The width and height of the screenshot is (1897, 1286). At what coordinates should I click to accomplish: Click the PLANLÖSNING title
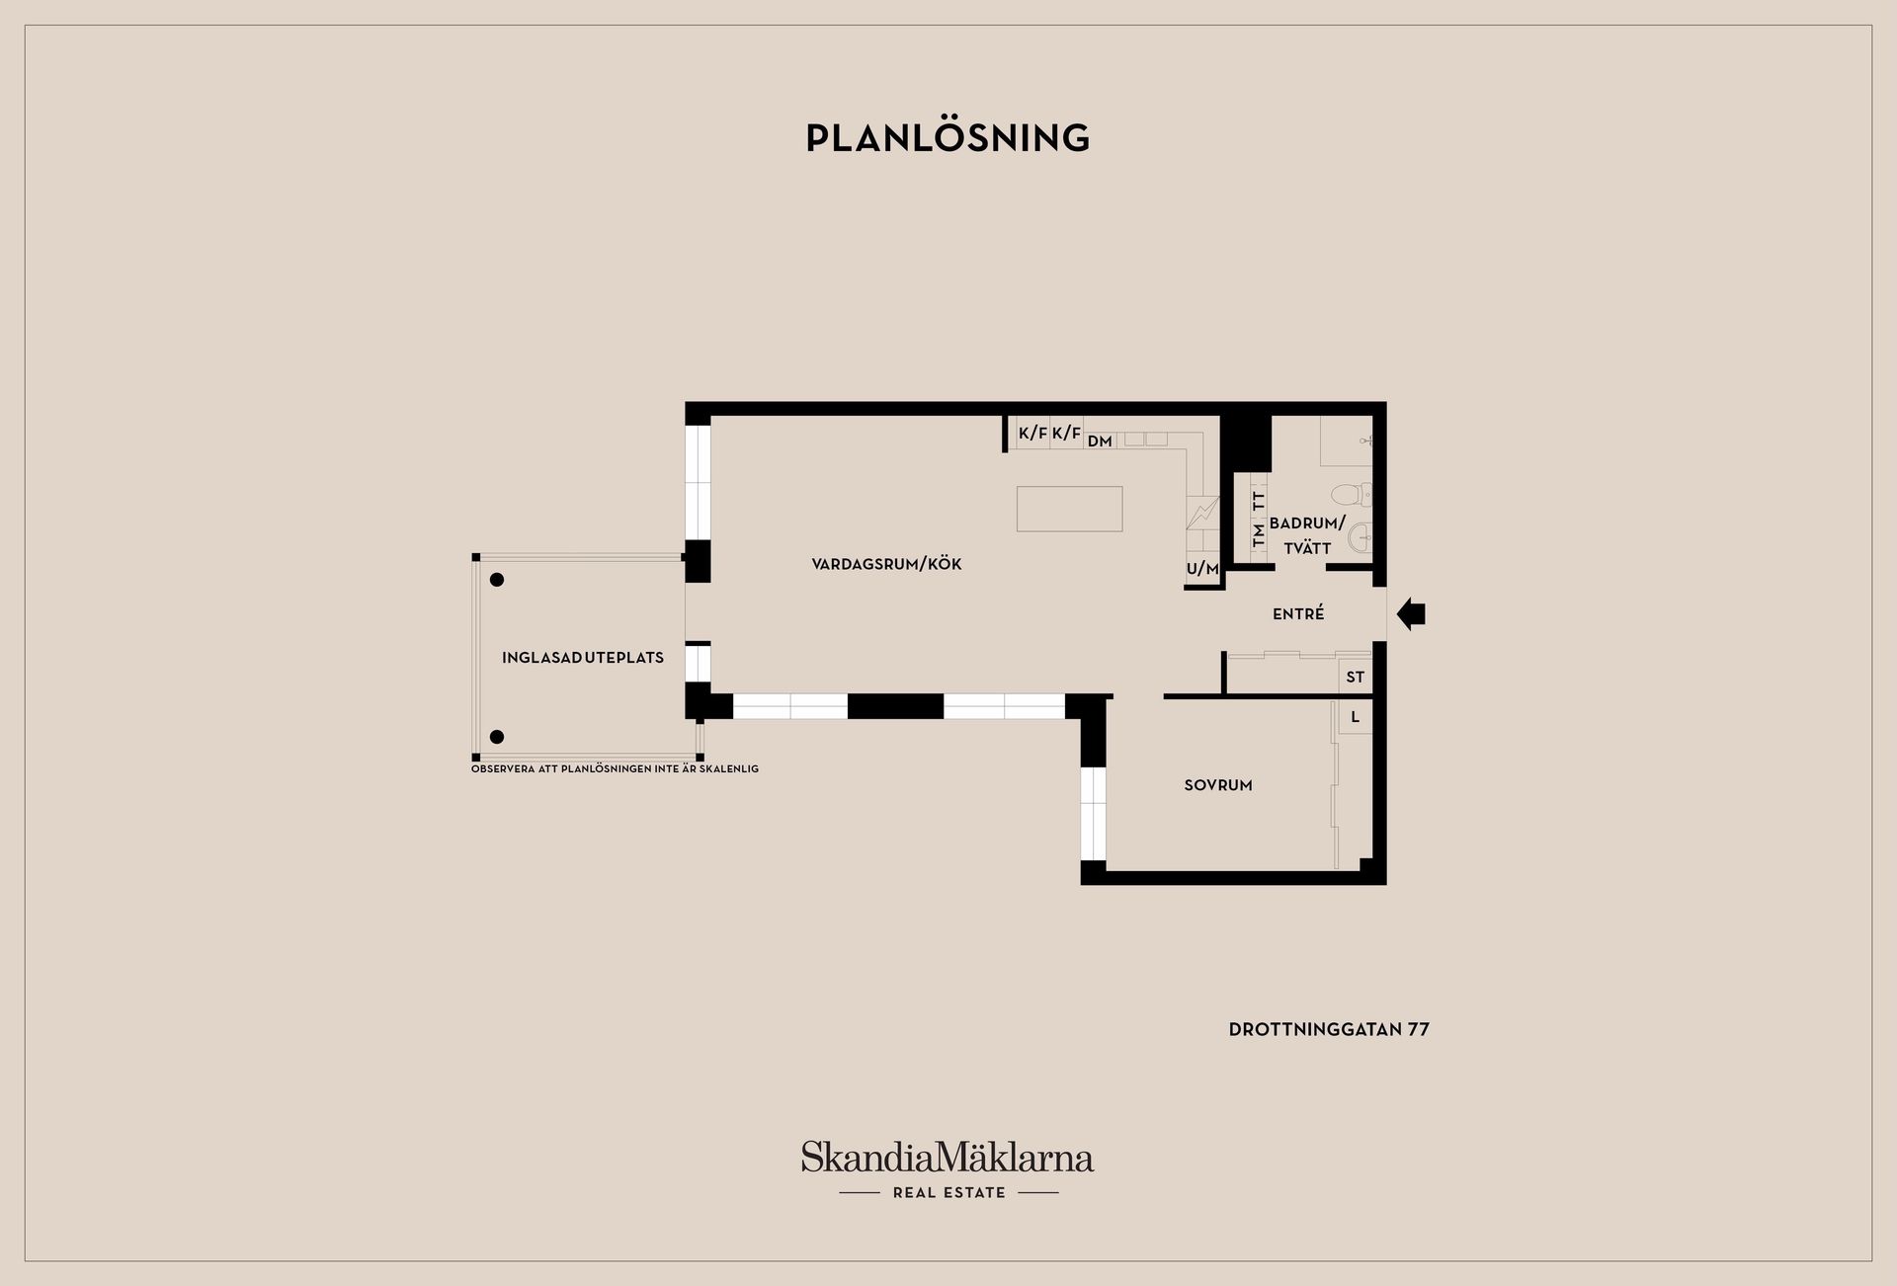click(x=948, y=137)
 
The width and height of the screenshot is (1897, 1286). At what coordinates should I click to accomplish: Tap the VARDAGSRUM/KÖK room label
click(x=886, y=564)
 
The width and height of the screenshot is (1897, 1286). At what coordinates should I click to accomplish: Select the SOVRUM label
click(x=1218, y=785)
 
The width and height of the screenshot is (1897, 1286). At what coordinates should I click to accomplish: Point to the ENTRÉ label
click(x=1298, y=613)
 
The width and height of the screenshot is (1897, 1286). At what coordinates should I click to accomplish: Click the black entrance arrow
click(x=1411, y=614)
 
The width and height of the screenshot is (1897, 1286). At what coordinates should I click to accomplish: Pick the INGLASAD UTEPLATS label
click(x=583, y=658)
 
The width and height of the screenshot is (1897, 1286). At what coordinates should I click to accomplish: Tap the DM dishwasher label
click(x=1100, y=442)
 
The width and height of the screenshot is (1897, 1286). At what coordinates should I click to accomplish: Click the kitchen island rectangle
click(x=1069, y=508)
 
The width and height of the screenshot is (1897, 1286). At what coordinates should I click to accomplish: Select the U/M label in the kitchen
click(x=1202, y=569)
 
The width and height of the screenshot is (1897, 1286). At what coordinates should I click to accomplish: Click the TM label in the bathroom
click(x=1259, y=535)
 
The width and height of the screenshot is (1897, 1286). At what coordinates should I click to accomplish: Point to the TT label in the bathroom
click(x=1259, y=500)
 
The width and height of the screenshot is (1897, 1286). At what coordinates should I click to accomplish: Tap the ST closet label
click(x=1356, y=677)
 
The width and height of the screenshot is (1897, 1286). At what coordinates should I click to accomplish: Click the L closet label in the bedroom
click(x=1356, y=717)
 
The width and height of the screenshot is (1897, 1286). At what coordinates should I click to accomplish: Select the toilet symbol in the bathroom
click(x=1351, y=493)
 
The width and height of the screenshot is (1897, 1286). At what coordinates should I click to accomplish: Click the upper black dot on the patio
click(x=497, y=580)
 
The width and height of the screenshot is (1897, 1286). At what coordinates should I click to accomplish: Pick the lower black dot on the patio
click(x=497, y=737)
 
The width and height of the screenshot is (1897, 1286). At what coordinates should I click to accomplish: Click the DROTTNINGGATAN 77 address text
click(x=1329, y=1029)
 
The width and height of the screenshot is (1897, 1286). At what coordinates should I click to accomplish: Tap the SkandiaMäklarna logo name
click(x=948, y=1157)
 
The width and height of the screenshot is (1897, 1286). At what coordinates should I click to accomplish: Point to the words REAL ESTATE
click(x=949, y=1192)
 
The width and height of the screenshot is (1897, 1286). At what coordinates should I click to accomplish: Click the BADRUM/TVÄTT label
click(x=1307, y=535)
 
